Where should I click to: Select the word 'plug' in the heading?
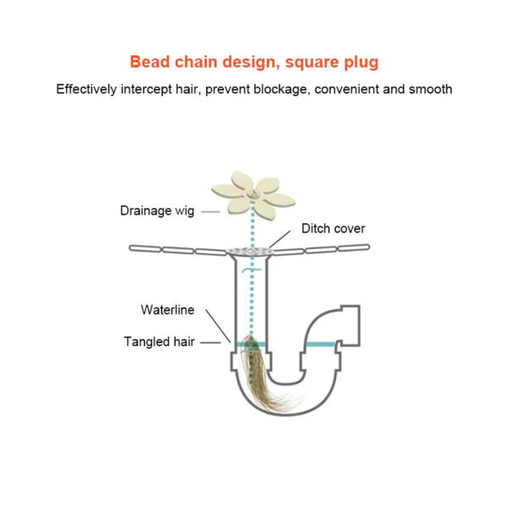coord(360,62)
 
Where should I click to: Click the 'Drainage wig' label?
coord(156,210)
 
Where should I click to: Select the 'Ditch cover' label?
coord(333,229)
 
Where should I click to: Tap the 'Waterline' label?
coord(168,309)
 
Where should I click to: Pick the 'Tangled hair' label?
coord(159,342)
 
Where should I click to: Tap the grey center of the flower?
coord(253,193)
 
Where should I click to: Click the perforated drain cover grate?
coord(252,249)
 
